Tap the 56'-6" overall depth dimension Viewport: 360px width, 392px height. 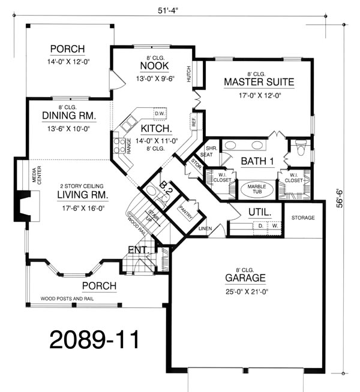coord(340,198)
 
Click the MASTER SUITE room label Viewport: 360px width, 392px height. coord(259,82)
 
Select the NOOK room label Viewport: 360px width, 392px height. coord(154,66)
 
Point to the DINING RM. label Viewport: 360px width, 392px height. coord(69,116)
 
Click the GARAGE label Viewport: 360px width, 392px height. coord(245,278)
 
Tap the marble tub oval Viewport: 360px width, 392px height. coord(257,189)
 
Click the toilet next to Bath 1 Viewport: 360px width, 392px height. coord(301,147)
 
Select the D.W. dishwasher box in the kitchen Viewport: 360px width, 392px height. coord(160,114)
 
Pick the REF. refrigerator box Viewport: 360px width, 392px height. coord(193,122)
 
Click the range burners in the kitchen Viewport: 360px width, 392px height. coord(119,146)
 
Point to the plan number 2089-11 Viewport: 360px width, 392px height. coord(94,339)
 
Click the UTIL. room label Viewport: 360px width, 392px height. coord(260,212)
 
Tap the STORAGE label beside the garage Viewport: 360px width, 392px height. coord(303,218)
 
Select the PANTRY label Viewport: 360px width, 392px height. coord(185,213)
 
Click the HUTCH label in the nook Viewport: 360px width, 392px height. coord(188,74)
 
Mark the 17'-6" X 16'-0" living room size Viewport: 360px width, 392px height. coord(83,208)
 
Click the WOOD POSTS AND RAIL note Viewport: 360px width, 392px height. coord(67,298)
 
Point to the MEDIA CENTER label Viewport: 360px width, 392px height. coord(37,175)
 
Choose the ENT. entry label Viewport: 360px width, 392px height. coord(139,250)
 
